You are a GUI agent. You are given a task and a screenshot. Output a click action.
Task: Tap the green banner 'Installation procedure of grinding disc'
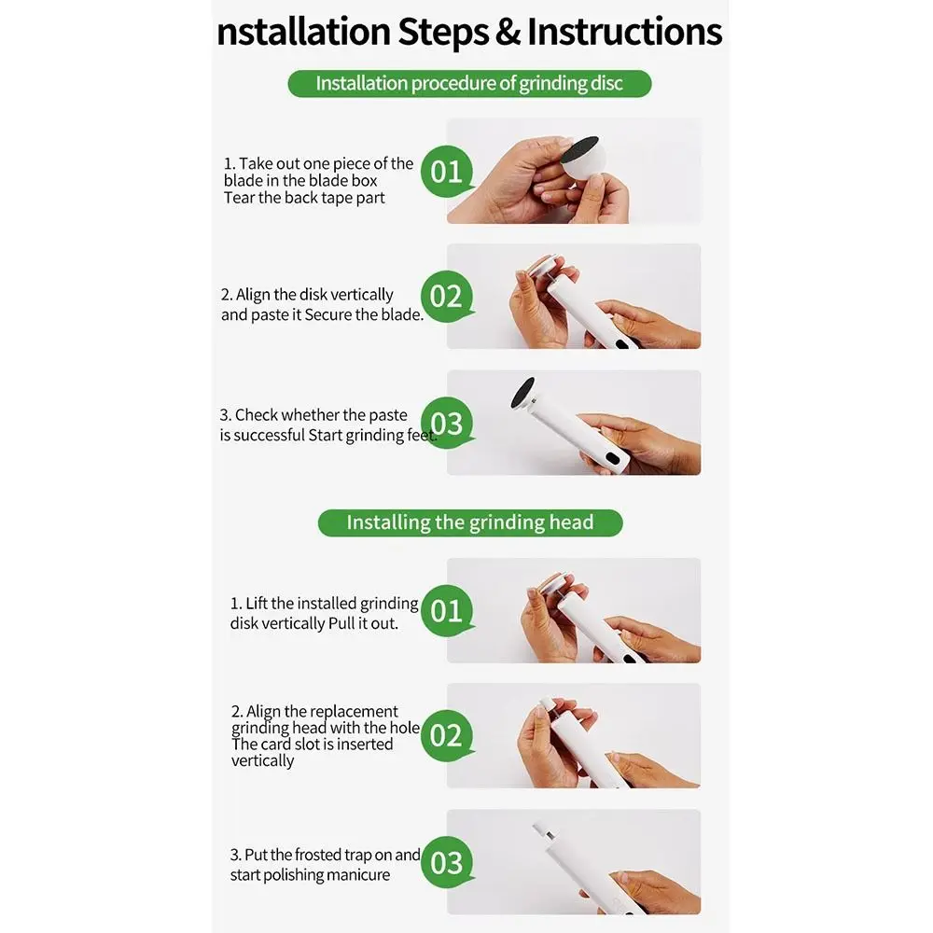(468, 83)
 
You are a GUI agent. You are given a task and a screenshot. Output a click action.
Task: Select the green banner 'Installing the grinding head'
(469, 522)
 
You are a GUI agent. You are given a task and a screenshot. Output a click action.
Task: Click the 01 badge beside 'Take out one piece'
(446, 172)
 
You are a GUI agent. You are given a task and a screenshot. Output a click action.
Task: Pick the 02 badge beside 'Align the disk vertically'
(446, 297)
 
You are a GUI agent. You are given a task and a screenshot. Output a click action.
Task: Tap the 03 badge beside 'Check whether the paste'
(446, 424)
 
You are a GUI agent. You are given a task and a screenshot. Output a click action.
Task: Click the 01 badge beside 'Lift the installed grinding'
(446, 611)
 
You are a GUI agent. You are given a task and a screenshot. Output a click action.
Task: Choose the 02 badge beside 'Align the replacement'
(446, 736)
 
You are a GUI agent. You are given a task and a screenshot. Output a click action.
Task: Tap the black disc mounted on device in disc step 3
(524, 392)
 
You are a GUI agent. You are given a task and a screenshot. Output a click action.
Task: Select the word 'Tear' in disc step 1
(239, 198)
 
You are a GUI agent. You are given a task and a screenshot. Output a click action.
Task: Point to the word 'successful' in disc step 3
(269, 436)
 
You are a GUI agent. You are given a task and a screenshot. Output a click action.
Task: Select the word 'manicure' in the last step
(359, 875)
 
